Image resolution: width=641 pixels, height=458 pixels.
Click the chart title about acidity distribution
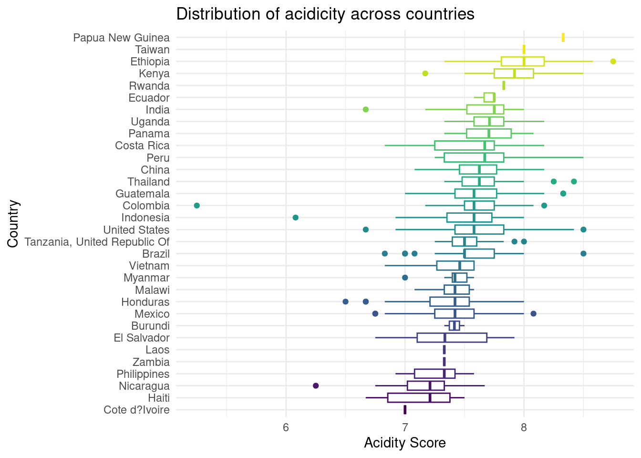pyautogui.click(x=325, y=14)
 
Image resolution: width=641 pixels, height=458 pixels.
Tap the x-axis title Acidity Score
pyautogui.click(x=404, y=443)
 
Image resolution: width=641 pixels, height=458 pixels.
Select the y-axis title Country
pyautogui.click(x=13, y=224)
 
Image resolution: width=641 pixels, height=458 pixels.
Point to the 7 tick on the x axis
pyautogui.click(x=405, y=428)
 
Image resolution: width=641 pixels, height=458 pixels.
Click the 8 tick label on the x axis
pyautogui.click(x=524, y=428)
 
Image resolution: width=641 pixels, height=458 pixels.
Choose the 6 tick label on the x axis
pyautogui.click(x=286, y=428)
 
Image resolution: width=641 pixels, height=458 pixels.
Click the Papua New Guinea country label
pyautogui.click(x=121, y=38)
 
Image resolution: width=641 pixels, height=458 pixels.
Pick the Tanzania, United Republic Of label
pyautogui.click(x=97, y=242)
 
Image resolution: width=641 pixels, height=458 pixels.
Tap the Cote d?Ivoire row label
pyautogui.click(x=136, y=410)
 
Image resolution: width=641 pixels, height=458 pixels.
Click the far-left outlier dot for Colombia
pyautogui.click(x=196, y=206)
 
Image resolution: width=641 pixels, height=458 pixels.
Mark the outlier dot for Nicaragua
pyautogui.click(x=316, y=385)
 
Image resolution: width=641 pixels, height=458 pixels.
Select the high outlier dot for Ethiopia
pyautogui.click(x=613, y=62)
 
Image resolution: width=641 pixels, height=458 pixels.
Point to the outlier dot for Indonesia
pyautogui.click(x=295, y=218)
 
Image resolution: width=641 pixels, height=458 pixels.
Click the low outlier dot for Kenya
pyautogui.click(x=425, y=73)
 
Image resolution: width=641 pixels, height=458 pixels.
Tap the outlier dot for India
pyautogui.click(x=366, y=109)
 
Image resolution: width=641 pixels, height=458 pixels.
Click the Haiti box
pyautogui.click(x=419, y=398)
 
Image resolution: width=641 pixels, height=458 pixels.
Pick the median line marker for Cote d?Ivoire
pyautogui.click(x=405, y=410)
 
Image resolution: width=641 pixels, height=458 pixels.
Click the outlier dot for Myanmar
pyautogui.click(x=405, y=278)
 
